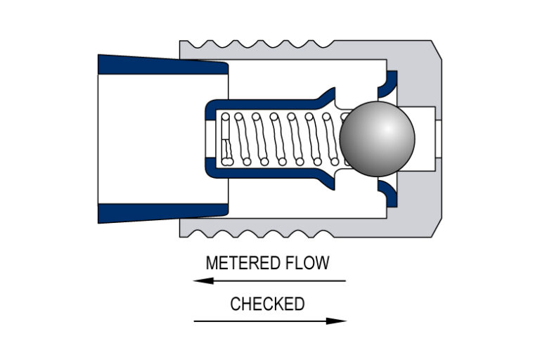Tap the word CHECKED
[267, 304]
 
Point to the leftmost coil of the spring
[225, 139]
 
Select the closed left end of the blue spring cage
[208, 139]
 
